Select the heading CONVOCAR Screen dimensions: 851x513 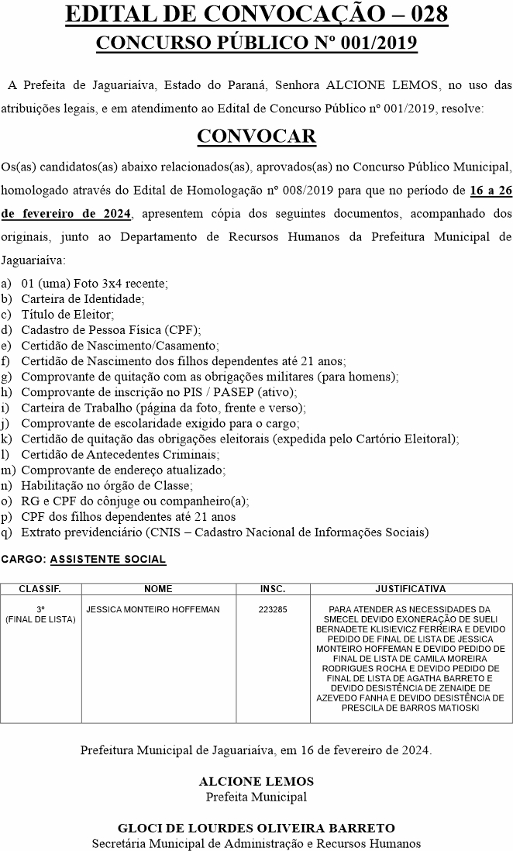(256, 136)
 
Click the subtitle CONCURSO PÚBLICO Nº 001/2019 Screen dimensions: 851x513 (256, 42)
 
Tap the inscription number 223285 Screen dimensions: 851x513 (273, 610)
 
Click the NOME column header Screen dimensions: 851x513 (158, 589)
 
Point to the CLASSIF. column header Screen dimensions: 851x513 (40, 589)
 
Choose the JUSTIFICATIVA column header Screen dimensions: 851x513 (410, 589)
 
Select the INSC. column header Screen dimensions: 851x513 (273, 589)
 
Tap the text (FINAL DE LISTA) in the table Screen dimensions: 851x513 (40, 619)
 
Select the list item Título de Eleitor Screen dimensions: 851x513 (67, 314)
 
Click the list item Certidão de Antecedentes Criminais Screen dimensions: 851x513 (120, 454)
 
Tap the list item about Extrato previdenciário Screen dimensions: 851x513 (225, 532)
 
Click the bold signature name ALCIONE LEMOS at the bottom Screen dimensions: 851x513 (256, 782)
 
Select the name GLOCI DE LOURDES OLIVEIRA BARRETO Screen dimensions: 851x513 (256, 829)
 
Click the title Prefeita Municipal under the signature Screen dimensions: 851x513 (256, 797)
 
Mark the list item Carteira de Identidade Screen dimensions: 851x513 (83, 298)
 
